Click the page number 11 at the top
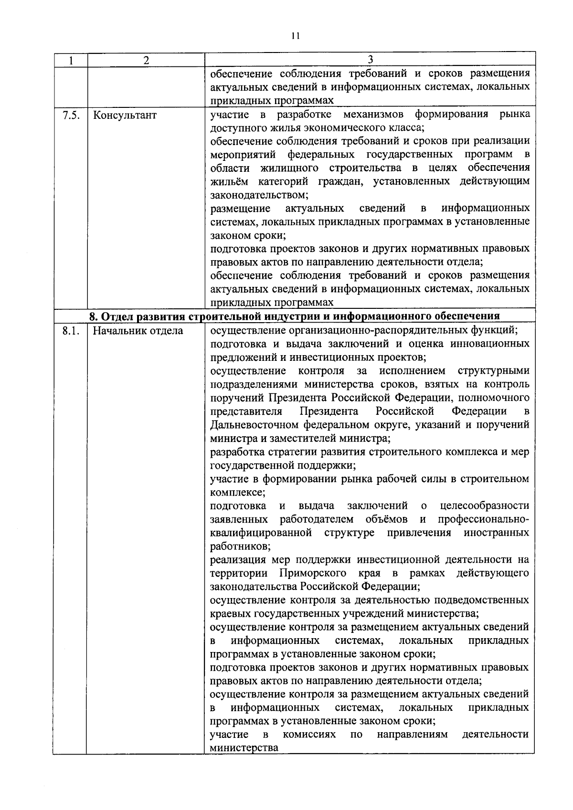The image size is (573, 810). tap(295, 35)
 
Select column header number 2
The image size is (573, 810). tap(146, 60)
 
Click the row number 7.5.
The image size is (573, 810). tap(71, 115)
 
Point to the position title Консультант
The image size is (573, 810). tap(125, 115)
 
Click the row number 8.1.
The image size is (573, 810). tap(71, 330)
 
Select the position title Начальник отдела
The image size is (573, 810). tap(138, 330)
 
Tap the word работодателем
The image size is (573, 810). tap(317, 519)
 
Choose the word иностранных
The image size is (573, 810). tap(496, 532)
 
